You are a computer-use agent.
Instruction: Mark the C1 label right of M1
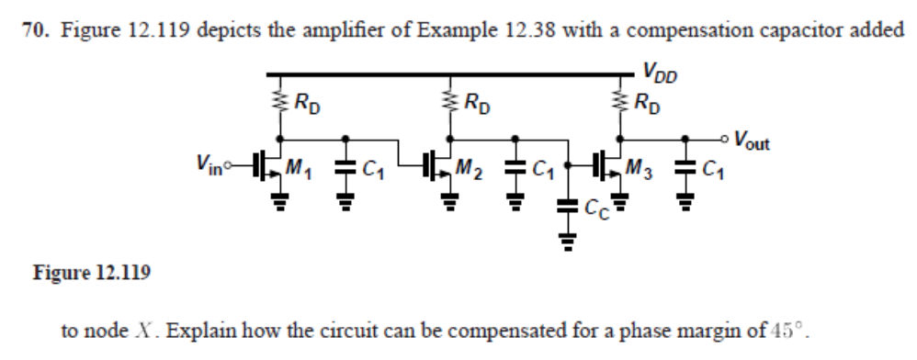point(373,169)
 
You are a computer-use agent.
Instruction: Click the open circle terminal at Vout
point(727,141)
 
